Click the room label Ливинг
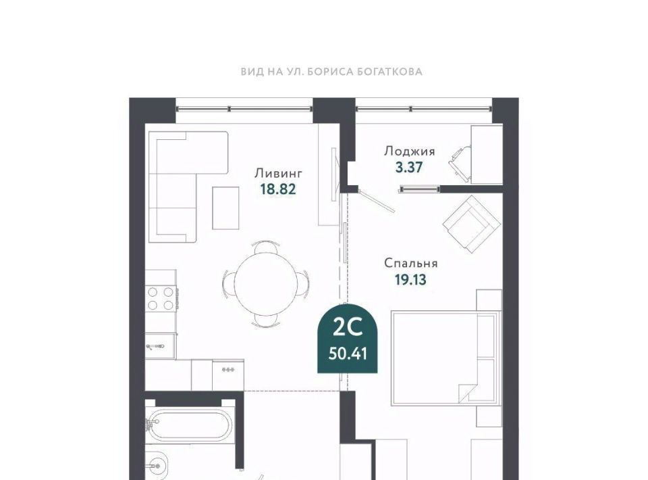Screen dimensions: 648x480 click(x=279, y=172)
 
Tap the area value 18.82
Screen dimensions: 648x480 click(x=278, y=189)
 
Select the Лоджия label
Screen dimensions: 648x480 click(x=410, y=152)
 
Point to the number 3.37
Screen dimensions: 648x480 click(x=409, y=168)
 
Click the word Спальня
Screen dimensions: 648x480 click(x=411, y=263)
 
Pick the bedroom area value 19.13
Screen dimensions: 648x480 click(x=410, y=280)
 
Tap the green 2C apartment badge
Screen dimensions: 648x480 click(x=348, y=339)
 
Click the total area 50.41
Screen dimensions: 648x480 click(x=348, y=354)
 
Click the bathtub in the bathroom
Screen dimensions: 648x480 click(x=189, y=425)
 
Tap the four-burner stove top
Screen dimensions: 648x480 click(x=161, y=299)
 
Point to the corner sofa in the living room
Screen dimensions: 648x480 click(x=187, y=187)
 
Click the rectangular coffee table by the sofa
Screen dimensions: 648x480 click(x=225, y=208)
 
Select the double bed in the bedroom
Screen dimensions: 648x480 click(x=444, y=358)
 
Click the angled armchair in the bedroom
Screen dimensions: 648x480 click(x=472, y=224)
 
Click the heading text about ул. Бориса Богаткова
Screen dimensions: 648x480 click(x=331, y=72)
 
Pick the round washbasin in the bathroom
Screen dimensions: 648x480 click(x=157, y=466)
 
